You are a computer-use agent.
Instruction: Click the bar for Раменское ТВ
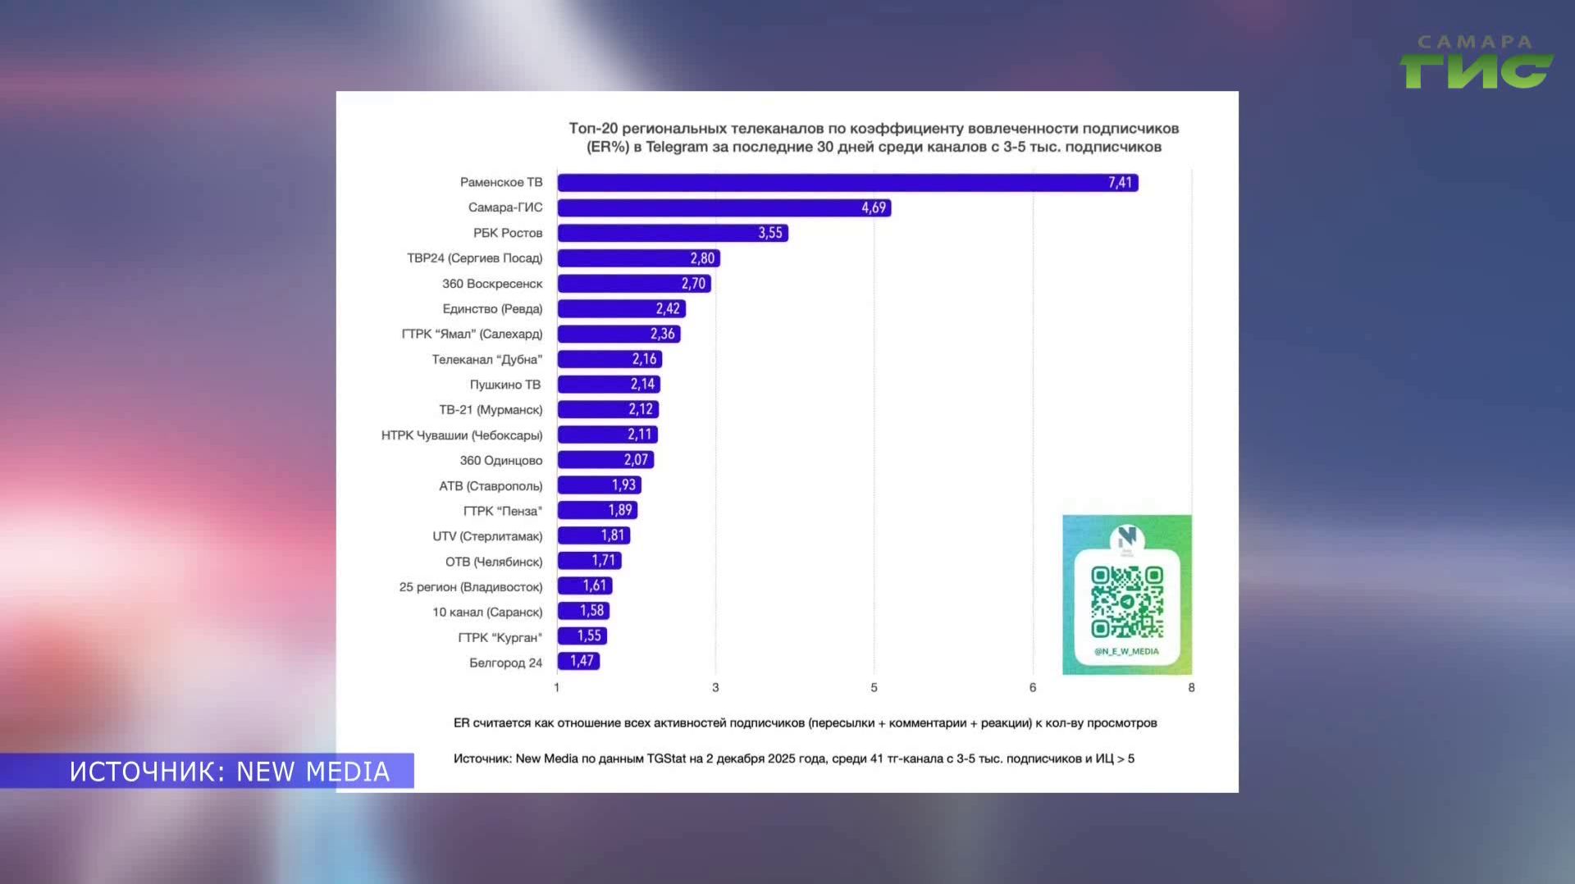click(847, 183)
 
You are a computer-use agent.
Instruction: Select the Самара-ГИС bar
click(724, 208)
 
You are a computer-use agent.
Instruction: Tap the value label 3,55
click(770, 234)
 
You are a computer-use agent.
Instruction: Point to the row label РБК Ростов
click(508, 234)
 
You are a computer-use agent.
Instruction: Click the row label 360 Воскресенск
click(492, 284)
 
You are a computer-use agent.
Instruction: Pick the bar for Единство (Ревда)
click(621, 309)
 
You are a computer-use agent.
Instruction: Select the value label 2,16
click(644, 359)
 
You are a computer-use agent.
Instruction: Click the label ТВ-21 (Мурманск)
click(491, 410)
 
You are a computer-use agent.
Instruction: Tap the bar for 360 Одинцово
click(605, 460)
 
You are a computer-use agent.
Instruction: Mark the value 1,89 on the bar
click(620, 511)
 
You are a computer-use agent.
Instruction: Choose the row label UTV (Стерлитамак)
click(487, 536)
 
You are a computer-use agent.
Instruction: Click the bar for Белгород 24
click(578, 662)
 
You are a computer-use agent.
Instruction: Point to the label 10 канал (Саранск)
click(487, 613)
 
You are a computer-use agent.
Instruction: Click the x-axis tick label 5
click(874, 688)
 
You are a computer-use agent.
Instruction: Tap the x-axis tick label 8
click(1191, 688)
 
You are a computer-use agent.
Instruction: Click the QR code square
click(1127, 602)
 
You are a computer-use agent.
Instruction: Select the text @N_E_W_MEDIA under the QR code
click(1126, 652)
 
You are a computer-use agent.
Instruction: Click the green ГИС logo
click(1476, 71)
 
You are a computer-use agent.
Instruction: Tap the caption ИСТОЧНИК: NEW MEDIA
click(230, 772)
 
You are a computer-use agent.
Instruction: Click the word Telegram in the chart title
click(677, 148)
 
